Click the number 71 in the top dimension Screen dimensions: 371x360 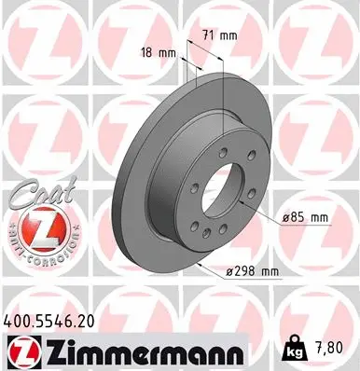tap(208, 35)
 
